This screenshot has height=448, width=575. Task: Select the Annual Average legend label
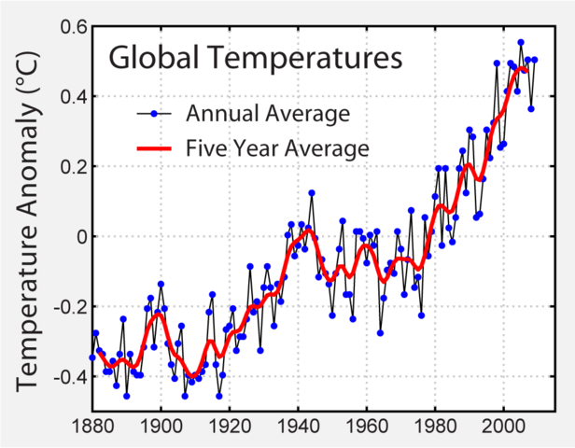click(x=267, y=114)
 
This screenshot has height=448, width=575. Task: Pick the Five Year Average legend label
click(x=278, y=147)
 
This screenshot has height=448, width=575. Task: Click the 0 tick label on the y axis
click(x=79, y=237)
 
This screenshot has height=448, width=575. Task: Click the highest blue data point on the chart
click(x=521, y=43)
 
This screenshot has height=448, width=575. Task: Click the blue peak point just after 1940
click(x=312, y=193)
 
